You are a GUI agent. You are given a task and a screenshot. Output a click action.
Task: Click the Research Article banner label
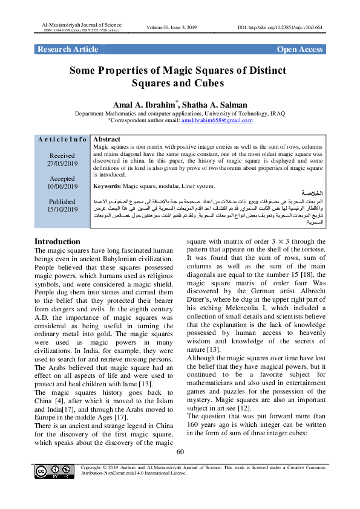coord(68,49)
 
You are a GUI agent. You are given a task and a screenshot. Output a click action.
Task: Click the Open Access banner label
coord(299,49)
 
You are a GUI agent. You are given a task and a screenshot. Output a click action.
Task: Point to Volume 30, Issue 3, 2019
coord(180,28)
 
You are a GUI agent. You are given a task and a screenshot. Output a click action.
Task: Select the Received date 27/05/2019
coord(62,163)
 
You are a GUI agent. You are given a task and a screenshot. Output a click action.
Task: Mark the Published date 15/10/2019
coord(62,209)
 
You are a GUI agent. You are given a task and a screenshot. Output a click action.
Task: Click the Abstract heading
coord(108,139)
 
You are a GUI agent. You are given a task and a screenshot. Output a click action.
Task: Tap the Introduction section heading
coord(57,241)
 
